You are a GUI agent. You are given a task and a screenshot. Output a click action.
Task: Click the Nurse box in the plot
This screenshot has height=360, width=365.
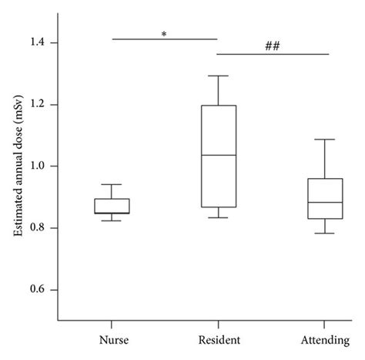coord(112,206)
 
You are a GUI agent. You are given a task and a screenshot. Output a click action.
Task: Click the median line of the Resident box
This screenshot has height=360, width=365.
coord(218,155)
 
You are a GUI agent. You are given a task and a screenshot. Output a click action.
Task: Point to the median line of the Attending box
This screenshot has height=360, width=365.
coord(325,203)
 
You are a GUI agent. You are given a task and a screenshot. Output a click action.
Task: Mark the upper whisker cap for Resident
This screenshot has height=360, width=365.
coord(218,76)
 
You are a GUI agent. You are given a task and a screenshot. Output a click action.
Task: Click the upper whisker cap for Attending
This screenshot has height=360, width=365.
coord(325,140)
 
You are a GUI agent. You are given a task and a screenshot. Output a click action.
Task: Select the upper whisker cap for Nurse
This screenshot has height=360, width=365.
coord(112,184)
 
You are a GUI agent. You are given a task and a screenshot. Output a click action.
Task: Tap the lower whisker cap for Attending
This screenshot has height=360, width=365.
coord(325,233)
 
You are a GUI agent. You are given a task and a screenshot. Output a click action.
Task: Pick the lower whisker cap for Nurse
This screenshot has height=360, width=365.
coord(112,220)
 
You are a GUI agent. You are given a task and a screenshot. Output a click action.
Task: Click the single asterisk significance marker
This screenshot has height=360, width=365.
coord(165,33)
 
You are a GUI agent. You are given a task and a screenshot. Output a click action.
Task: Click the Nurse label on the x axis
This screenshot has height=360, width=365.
coord(112,340)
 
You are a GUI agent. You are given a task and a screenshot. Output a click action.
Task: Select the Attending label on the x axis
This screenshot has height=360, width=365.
coord(324,340)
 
